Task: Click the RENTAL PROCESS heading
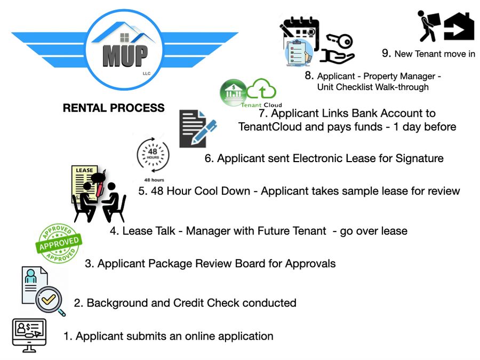(x=114, y=108)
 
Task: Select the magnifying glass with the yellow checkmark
(x=50, y=301)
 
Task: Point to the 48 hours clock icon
(x=154, y=156)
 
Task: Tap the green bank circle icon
(x=233, y=92)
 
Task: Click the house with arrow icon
(x=459, y=27)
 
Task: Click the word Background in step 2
(x=113, y=303)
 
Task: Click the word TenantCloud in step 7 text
(x=272, y=126)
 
